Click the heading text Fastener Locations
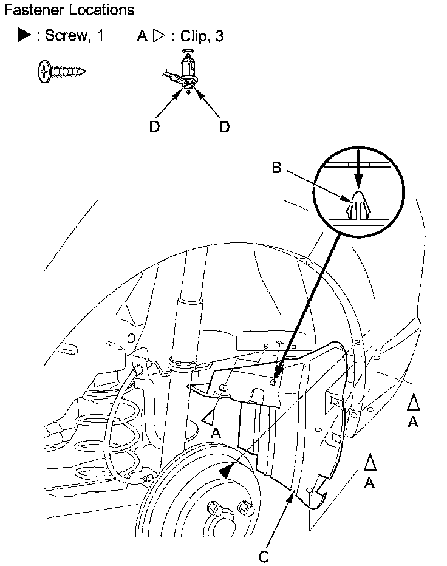click(69, 10)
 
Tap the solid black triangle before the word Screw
click(24, 36)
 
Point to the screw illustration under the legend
click(61, 70)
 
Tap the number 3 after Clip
click(219, 36)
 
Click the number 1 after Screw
click(100, 36)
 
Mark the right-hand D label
click(224, 127)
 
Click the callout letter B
click(276, 168)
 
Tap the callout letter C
click(264, 556)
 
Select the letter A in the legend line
click(142, 36)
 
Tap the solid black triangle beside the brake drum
click(226, 471)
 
